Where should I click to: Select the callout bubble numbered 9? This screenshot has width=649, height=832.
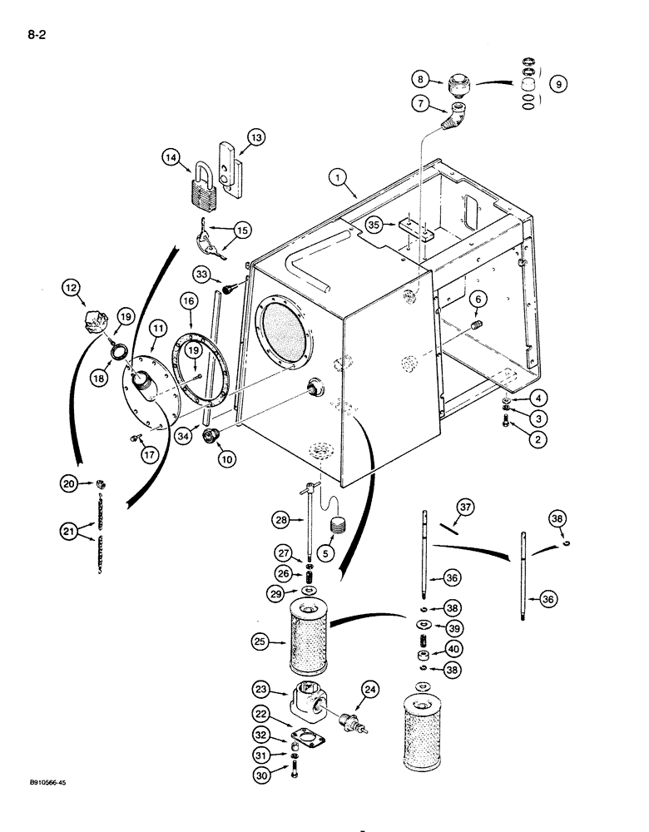[x=558, y=83]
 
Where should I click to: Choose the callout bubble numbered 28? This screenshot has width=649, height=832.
[x=279, y=520]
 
